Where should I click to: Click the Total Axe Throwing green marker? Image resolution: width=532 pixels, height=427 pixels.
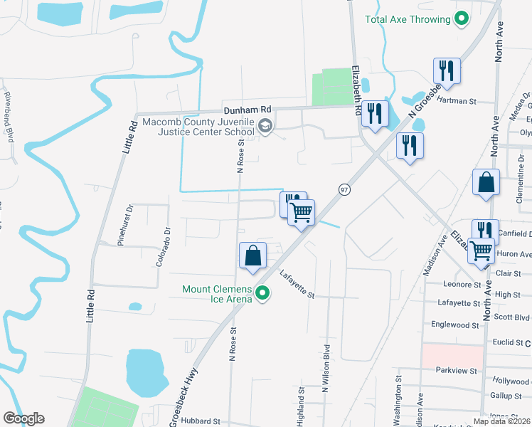click(462, 19)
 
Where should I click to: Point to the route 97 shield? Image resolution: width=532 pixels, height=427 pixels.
click(344, 189)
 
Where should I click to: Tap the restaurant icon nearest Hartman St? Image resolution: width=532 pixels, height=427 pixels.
click(447, 71)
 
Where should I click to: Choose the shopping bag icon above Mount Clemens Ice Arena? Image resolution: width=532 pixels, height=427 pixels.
click(254, 255)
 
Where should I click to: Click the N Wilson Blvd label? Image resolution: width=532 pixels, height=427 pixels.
click(326, 369)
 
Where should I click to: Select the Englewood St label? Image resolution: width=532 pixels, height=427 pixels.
click(455, 325)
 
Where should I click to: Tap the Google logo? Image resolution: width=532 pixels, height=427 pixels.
click(23, 418)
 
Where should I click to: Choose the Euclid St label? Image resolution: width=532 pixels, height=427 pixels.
click(508, 342)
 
